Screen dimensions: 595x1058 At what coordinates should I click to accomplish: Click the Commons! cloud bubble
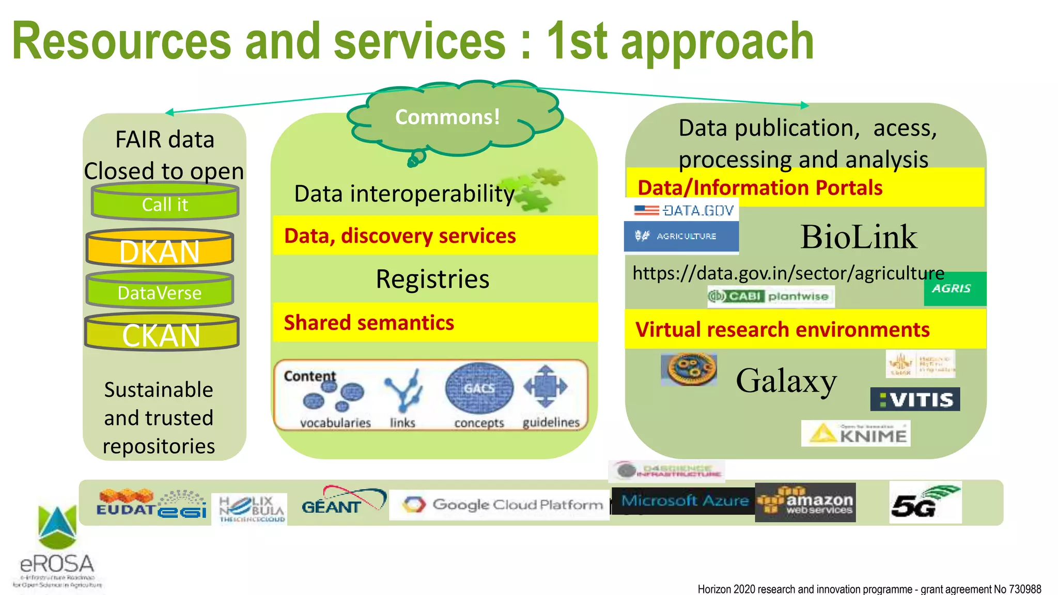pos(448,117)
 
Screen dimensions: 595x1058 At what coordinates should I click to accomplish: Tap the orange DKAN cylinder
pos(160,249)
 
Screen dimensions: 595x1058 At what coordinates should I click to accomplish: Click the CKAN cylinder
pos(161,334)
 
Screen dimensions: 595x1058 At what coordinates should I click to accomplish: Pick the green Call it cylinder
pos(165,203)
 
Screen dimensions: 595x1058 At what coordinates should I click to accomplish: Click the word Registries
pos(432,279)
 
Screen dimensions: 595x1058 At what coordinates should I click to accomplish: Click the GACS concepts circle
pos(479,388)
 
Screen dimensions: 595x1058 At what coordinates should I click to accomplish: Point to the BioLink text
pos(859,238)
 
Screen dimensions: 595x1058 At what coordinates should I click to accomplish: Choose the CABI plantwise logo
pos(770,296)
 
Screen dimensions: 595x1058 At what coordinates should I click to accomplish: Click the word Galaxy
pos(786,381)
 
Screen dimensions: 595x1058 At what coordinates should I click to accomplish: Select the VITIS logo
pos(915,399)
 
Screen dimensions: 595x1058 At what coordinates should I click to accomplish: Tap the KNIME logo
pos(855,433)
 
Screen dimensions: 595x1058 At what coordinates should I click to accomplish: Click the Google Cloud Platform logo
pos(499,505)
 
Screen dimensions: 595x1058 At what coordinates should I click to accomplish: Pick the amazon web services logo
pos(805,503)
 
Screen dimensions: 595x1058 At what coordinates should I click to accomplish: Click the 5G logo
pos(925,503)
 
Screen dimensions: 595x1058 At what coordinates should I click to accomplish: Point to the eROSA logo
pos(57,547)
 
